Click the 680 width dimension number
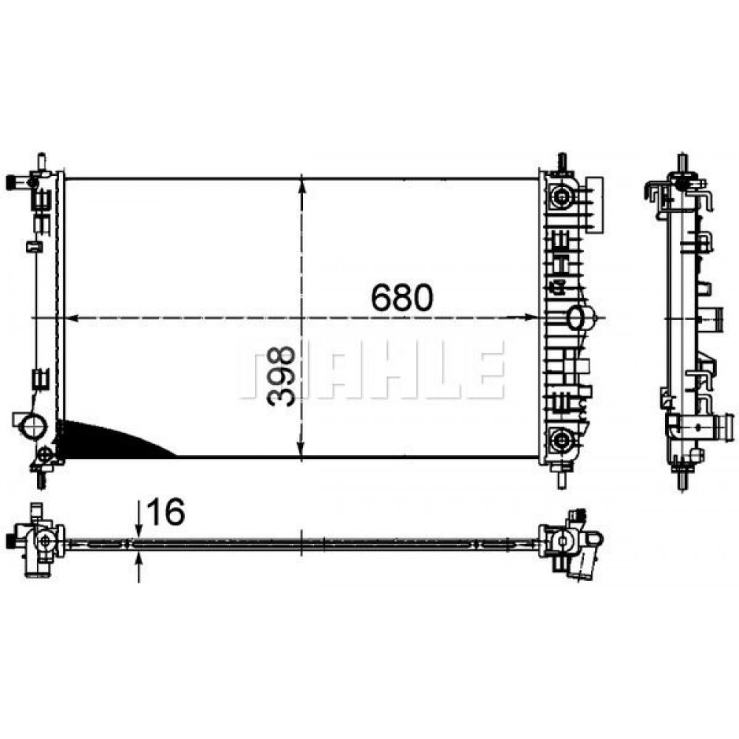click(x=401, y=297)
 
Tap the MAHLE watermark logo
click(x=372, y=369)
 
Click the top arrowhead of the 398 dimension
click(x=302, y=187)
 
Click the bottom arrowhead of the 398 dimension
click(x=302, y=449)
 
